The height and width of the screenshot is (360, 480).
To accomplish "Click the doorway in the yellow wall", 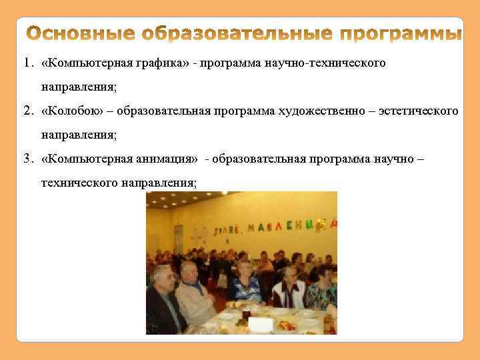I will tap(179, 238).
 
